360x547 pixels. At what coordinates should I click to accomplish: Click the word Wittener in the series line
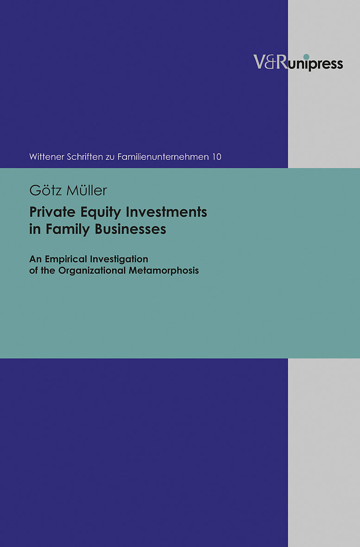[47, 157]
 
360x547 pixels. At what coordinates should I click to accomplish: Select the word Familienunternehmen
[163, 157]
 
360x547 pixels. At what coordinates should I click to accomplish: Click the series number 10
[217, 157]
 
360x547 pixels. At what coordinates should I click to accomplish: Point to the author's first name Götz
[43, 190]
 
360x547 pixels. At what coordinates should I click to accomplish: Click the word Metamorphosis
[164, 270]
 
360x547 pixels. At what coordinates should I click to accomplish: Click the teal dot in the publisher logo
[306, 57]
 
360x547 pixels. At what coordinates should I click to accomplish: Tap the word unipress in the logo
[316, 64]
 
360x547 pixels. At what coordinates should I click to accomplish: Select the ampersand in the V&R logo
[270, 62]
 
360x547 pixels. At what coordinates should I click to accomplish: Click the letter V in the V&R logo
[259, 62]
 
